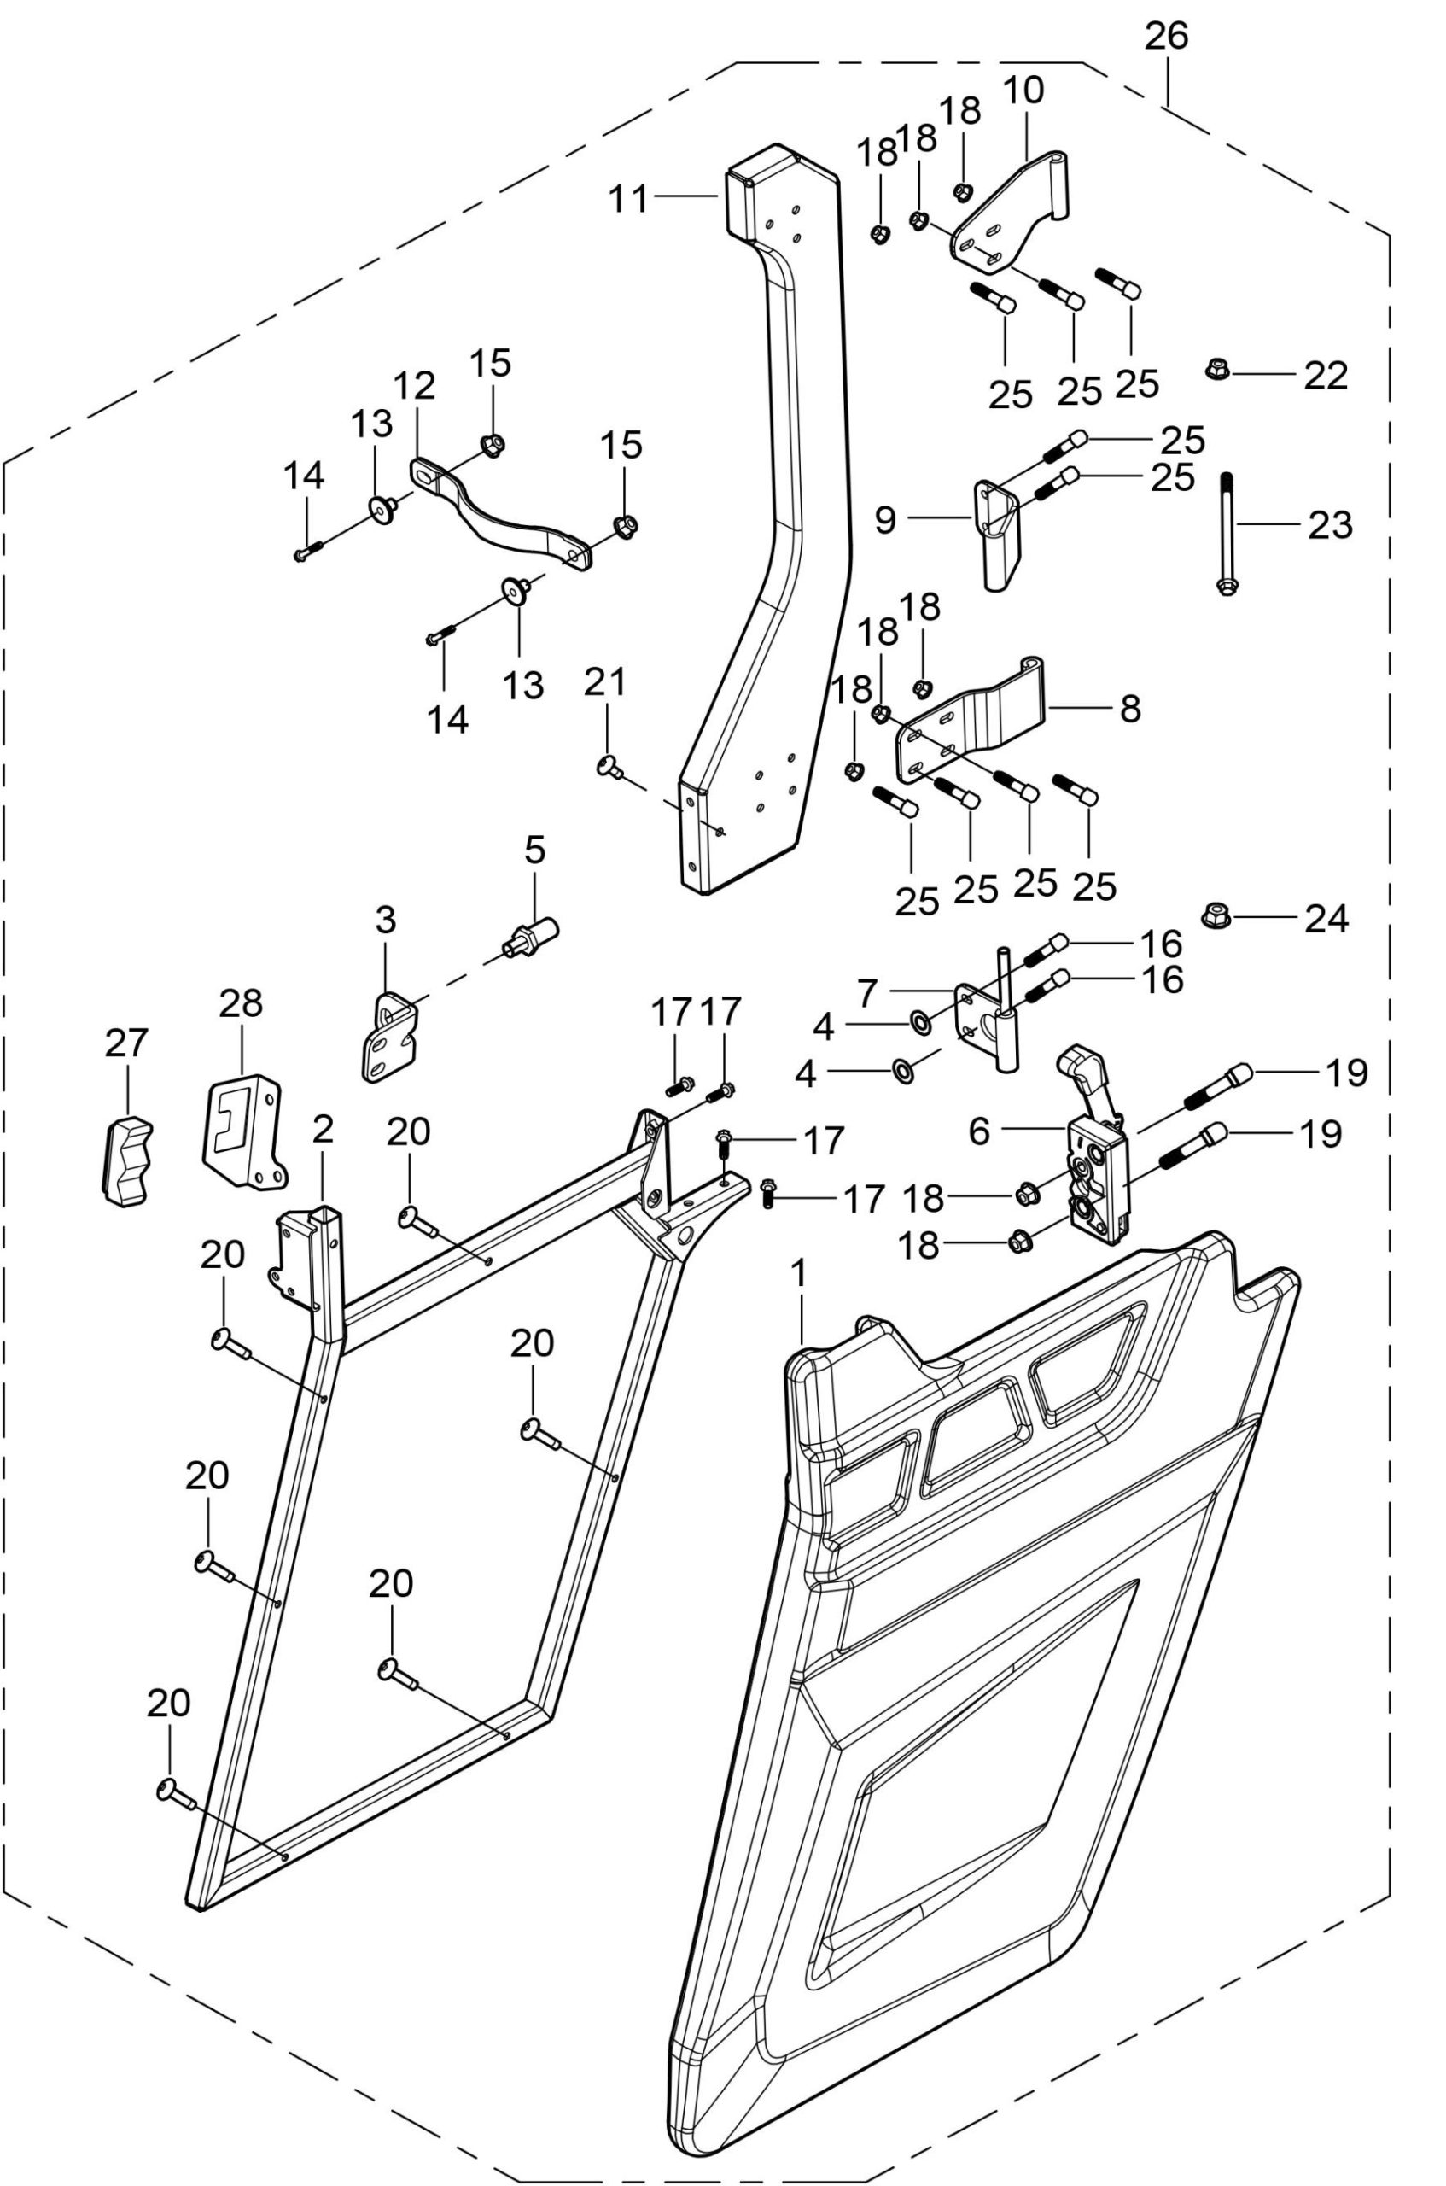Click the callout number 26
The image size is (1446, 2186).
1167,37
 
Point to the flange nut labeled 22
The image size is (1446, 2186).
1217,371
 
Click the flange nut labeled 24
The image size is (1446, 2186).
1216,916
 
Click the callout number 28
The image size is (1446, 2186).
241,1003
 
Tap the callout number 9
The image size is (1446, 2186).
884,520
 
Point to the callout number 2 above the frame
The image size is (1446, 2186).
323,1129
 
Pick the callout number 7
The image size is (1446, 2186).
867,993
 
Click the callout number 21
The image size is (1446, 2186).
605,681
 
